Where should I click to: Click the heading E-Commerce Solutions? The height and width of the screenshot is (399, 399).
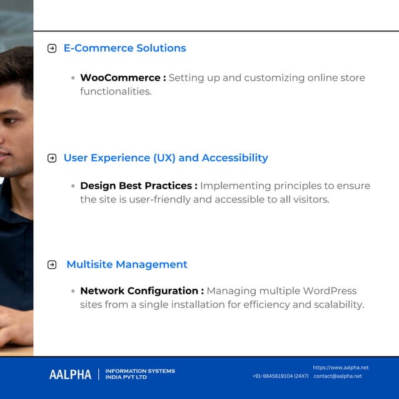(124, 48)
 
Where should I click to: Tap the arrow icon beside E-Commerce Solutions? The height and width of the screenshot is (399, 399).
(52, 49)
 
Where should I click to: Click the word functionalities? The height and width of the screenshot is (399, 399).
(116, 91)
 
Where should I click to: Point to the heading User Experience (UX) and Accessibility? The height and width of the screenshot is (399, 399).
(166, 158)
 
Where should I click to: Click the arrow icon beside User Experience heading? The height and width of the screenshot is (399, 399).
(52, 158)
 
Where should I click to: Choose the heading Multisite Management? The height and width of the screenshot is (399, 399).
(127, 265)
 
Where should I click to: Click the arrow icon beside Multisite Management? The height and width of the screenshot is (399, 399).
(52, 265)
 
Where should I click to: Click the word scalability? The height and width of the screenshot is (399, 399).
(337, 305)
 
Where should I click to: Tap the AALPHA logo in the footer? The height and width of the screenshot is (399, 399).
(70, 375)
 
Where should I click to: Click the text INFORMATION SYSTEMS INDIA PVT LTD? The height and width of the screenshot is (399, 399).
(140, 374)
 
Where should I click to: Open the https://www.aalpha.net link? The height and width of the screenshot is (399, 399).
(340, 367)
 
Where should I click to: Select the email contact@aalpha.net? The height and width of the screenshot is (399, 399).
(338, 376)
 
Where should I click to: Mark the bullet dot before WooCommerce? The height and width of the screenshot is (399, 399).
(73, 79)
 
